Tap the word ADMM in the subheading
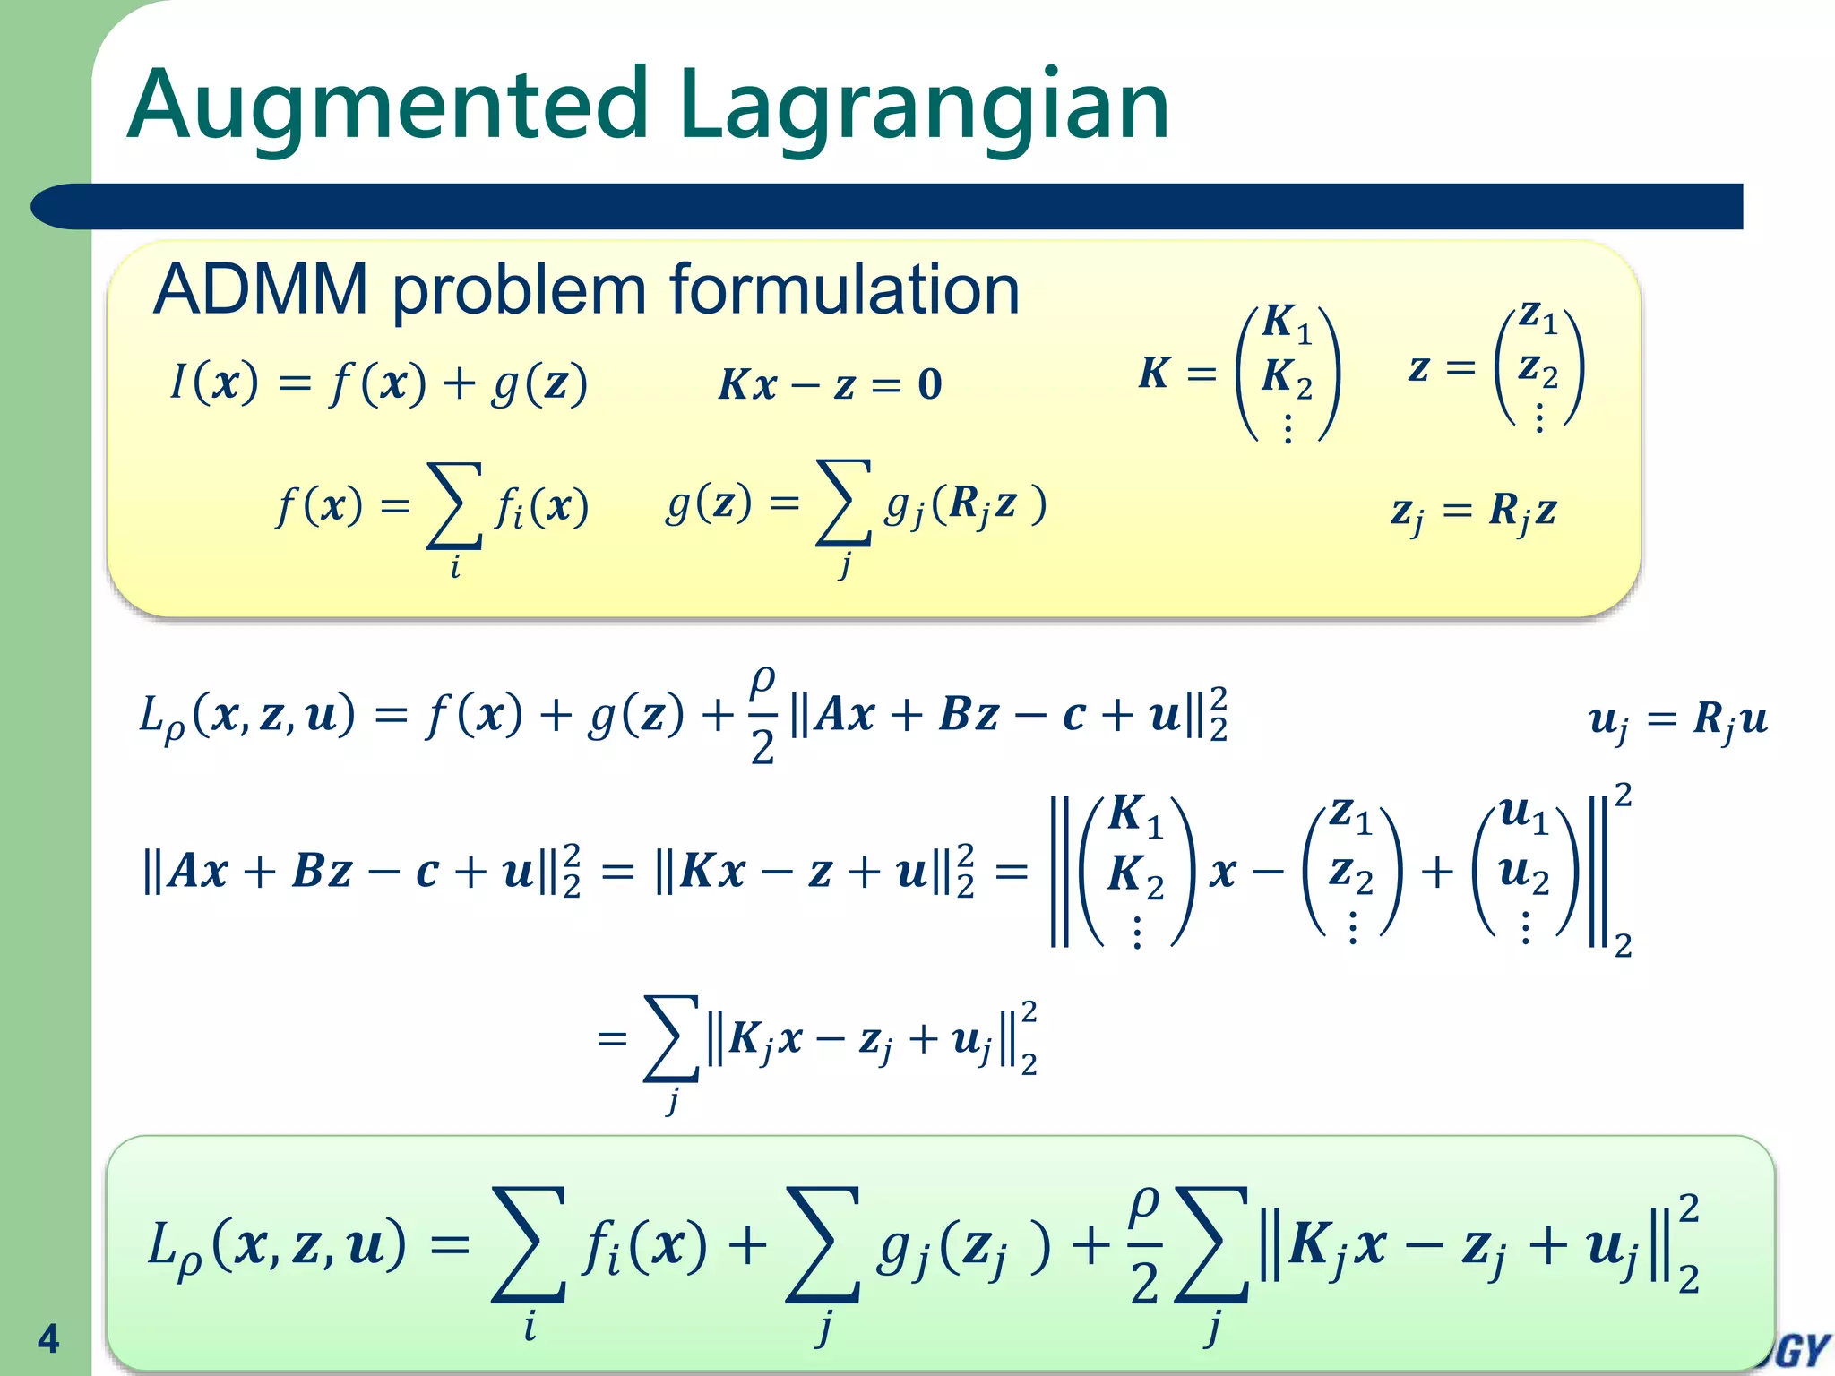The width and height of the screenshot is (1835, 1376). click(260, 290)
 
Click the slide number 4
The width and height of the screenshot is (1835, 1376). click(48, 1338)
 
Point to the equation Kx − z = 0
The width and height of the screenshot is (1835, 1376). click(830, 385)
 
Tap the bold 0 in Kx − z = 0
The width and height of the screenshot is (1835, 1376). click(929, 385)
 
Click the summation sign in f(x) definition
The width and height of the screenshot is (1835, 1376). click(454, 505)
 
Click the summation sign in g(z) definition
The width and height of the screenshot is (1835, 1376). click(843, 503)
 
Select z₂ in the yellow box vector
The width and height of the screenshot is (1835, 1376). click(1538, 369)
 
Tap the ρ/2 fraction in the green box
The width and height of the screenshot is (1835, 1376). click(1144, 1245)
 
